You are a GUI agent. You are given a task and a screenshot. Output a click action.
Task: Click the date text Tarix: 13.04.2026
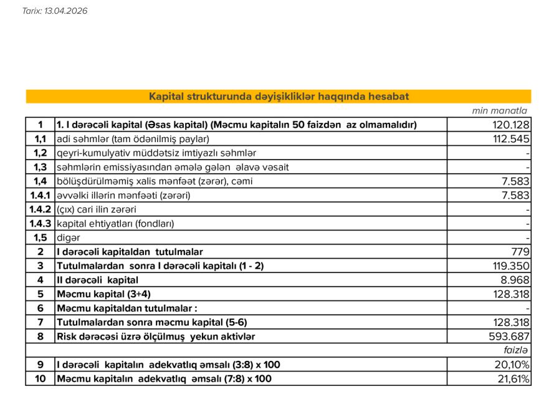coord(55,11)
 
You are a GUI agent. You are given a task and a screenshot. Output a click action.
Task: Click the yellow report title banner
coord(279,97)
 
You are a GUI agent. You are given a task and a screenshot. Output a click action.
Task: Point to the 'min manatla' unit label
coord(500,111)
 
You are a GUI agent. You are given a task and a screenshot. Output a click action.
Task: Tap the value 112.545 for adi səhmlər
coord(511,139)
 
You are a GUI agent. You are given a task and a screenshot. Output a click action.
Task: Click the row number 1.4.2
coord(41,209)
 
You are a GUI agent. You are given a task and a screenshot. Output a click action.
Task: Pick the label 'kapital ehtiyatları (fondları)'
coord(115,223)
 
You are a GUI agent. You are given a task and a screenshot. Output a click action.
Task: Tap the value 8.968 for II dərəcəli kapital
coord(515,280)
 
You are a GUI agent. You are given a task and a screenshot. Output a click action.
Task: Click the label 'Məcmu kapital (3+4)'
coord(103,294)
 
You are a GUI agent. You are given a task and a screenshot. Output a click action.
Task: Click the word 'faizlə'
coord(517,351)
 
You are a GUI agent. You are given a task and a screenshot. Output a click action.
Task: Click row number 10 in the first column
coord(41,379)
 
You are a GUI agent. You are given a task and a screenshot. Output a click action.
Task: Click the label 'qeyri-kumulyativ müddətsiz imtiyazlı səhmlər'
coord(156,153)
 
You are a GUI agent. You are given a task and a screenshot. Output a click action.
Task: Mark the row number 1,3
coord(41,167)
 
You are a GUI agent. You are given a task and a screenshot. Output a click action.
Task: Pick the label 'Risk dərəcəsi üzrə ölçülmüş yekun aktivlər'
coord(156,337)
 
